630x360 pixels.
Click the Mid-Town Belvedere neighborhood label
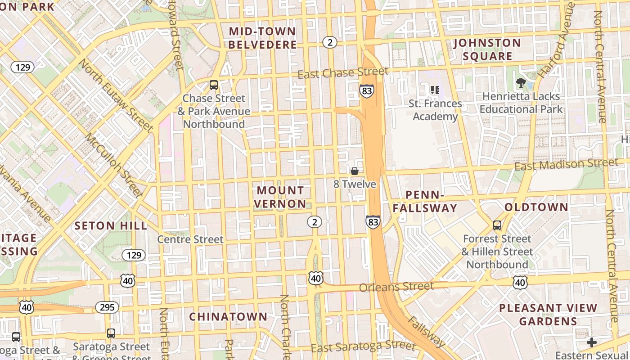(263, 38)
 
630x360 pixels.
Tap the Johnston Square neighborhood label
(487, 49)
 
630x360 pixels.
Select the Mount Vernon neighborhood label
(280, 197)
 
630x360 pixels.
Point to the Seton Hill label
(111, 226)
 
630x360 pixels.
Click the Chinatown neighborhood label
(228, 317)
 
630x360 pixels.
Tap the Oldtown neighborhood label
(536, 207)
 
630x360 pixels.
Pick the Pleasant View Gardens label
(548, 315)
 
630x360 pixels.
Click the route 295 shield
(107, 307)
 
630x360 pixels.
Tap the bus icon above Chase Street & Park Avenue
(214, 85)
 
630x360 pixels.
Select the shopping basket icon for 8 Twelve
(355, 171)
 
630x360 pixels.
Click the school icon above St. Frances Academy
(435, 90)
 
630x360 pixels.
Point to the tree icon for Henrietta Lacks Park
(521, 83)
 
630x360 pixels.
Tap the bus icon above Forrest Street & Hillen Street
(497, 225)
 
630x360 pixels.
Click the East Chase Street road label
(342, 72)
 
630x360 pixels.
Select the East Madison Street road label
(566, 164)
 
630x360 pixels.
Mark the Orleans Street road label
(396, 286)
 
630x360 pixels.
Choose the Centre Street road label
(190, 239)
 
